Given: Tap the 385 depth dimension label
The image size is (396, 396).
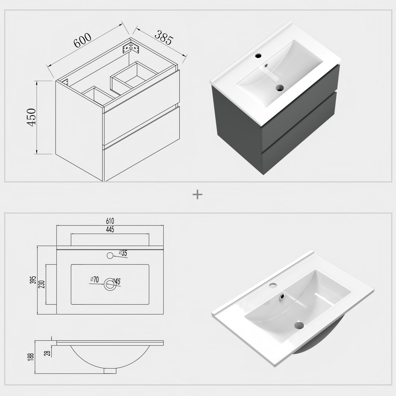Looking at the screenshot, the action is pyautogui.click(x=164, y=37).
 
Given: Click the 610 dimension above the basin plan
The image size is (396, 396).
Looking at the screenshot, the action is pyautogui.click(x=110, y=221).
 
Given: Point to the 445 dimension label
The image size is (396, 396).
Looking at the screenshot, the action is pyautogui.click(x=110, y=229).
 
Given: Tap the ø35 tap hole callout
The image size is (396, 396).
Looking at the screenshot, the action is pyautogui.click(x=123, y=253).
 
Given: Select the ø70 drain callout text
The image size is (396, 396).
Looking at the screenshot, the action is pyautogui.click(x=95, y=280).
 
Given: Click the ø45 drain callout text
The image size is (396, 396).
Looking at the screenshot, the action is pyautogui.click(x=116, y=281).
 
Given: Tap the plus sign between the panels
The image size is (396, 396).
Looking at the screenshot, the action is pyautogui.click(x=198, y=194).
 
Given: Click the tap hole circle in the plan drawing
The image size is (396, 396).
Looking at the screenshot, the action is pyautogui.click(x=110, y=255).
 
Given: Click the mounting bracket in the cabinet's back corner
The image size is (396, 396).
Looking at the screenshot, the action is pyautogui.click(x=130, y=48).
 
